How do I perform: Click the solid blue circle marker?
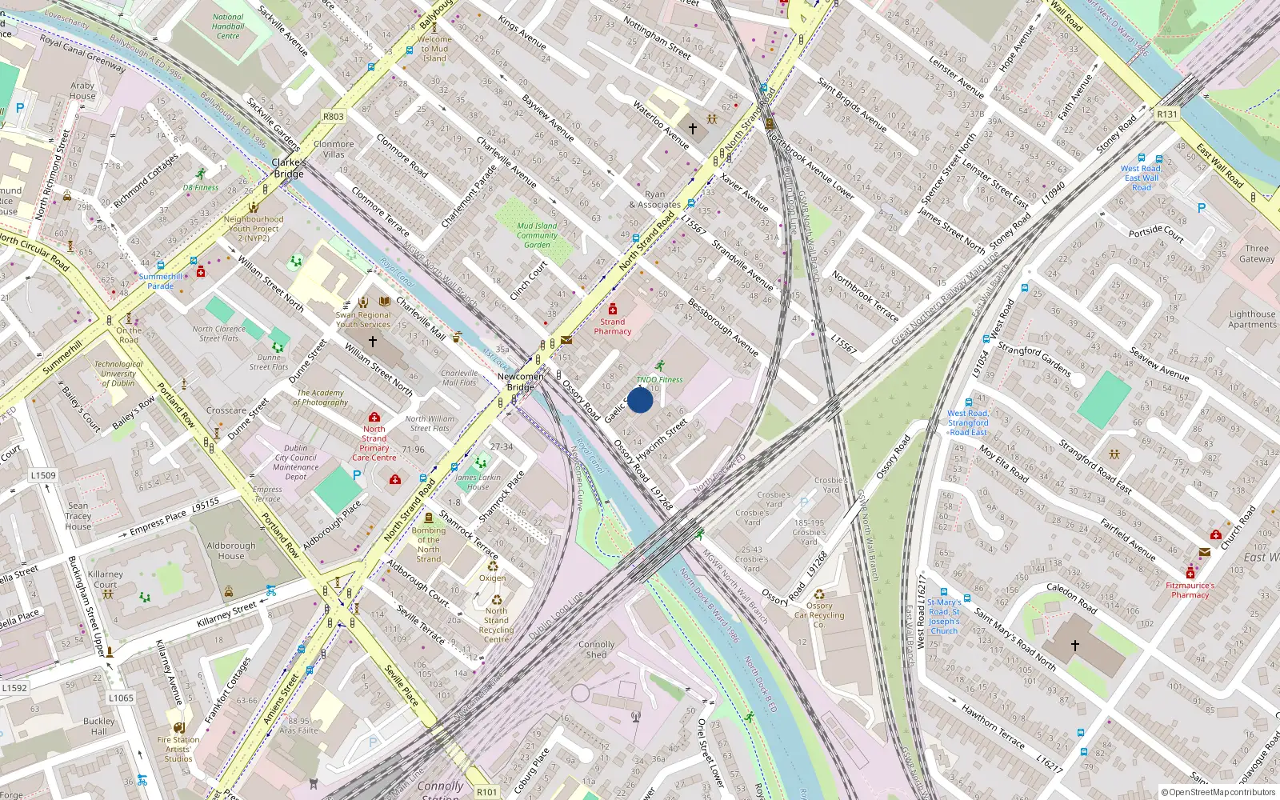(640, 400)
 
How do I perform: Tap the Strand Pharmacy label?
(613, 326)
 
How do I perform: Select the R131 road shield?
(1167, 114)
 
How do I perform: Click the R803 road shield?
(334, 117)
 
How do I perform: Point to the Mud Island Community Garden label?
(537, 235)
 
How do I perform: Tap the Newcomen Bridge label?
(521, 382)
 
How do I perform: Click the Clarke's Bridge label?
(289, 168)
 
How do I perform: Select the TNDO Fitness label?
(659, 380)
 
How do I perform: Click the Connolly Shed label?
(597, 649)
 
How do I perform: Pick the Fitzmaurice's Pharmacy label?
(1190, 590)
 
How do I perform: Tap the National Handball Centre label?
(228, 26)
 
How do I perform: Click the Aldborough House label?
(231, 550)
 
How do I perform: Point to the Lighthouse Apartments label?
(1252, 319)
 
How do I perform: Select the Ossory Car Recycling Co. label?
(819, 615)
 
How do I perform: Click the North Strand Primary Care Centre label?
(374, 443)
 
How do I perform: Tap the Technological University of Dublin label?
(118, 374)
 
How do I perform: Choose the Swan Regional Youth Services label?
(363, 320)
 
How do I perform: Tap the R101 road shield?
(486, 792)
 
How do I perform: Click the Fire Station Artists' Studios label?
(178, 750)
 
